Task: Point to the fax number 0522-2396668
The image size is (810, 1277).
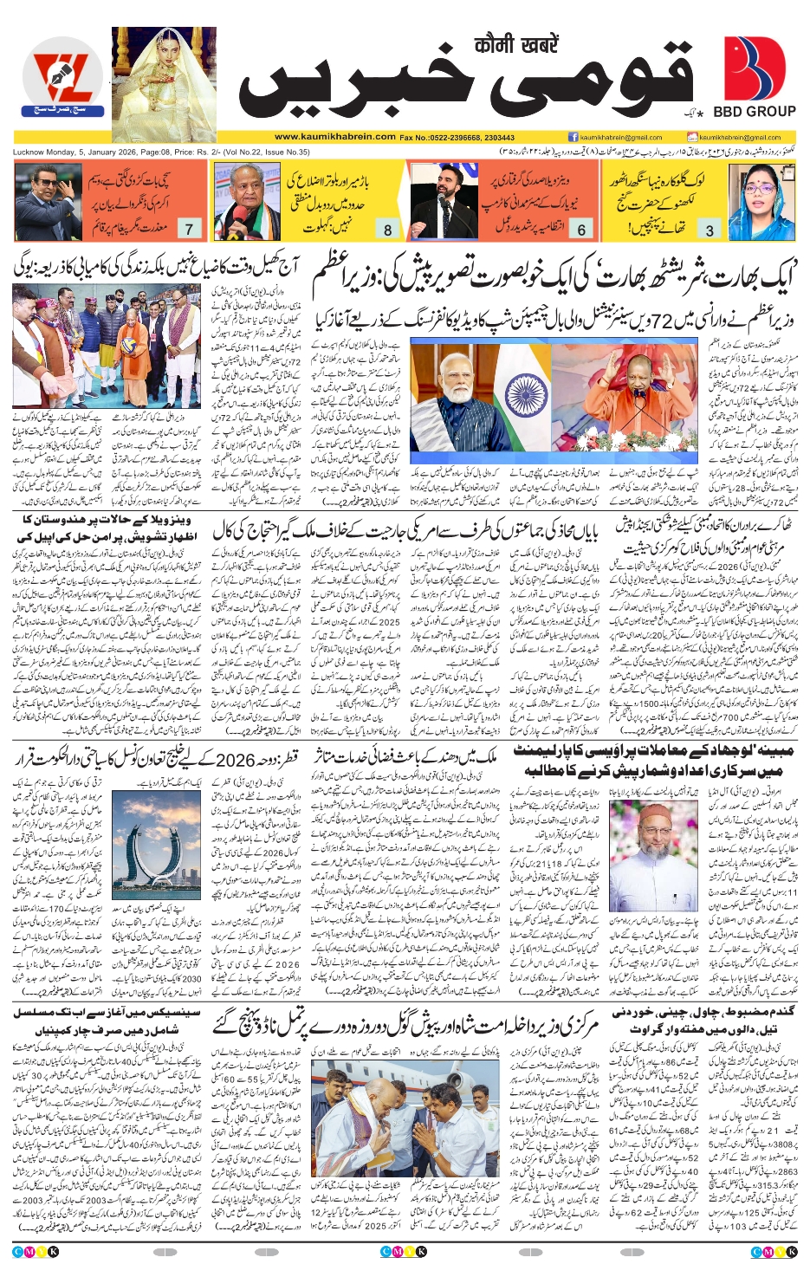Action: (457, 137)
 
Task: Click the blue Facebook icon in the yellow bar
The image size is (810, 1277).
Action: (573, 137)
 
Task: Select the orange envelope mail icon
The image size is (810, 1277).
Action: (692, 137)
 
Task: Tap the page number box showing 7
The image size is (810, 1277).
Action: (189, 230)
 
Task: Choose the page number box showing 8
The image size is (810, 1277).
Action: (387, 230)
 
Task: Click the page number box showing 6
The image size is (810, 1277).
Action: (581, 230)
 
